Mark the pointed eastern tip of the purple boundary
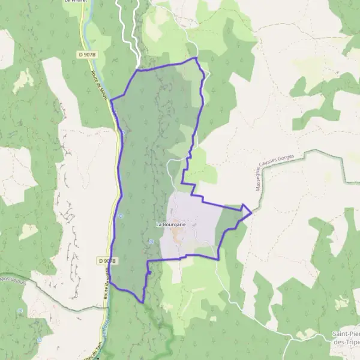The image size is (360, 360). click(251, 212)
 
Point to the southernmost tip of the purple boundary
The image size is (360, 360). click(142, 302)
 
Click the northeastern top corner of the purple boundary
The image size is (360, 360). click(196, 58)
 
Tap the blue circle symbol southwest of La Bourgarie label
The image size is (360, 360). click(151, 242)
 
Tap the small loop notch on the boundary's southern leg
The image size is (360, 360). click(148, 271)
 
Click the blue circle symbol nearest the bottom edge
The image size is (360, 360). click(40, 340)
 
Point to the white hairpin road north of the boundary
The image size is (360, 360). click(129, 24)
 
